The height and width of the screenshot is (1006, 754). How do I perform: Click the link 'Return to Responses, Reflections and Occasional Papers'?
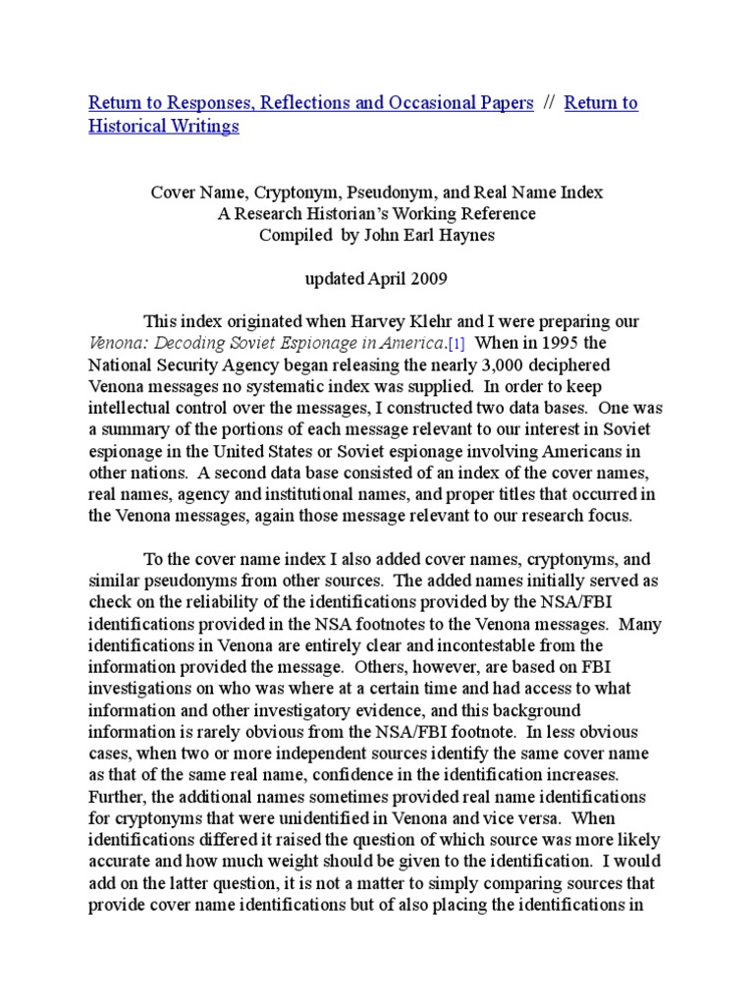pyautogui.click(x=311, y=103)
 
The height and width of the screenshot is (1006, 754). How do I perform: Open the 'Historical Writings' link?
pyautogui.click(x=164, y=127)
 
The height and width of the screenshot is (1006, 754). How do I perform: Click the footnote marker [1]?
pyautogui.click(x=457, y=343)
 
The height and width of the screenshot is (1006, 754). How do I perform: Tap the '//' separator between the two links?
pyautogui.click(x=549, y=103)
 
